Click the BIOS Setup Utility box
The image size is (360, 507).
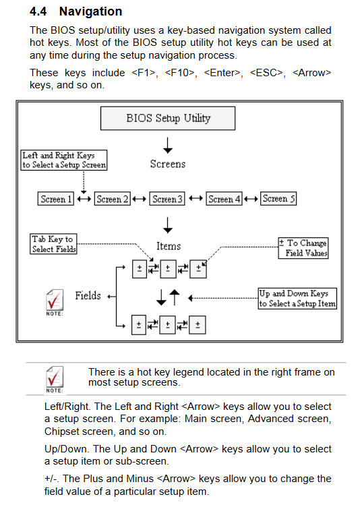(x=168, y=119)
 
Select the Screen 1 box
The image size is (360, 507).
(x=56, y=199)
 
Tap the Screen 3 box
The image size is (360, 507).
(x=167, y=199)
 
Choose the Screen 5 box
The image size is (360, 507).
(x=278, y=198)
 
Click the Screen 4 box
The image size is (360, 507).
(x=224, y=199)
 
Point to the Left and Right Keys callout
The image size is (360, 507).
(x=64, y=160)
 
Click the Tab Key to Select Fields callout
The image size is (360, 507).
(x=53, y=244)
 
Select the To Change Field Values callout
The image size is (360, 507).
(x=303, y=248)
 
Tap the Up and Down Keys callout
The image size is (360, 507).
(x=297, y=299)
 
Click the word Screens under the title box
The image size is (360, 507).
(x=168, y=164)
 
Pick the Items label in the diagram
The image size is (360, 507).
(x=169, y=246)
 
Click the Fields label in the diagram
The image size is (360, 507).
(x=88, y=295)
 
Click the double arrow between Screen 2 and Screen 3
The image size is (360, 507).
(x=140, y=199)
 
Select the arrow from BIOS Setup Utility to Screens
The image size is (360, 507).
(x=168, y=145)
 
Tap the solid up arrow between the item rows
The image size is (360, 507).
(x=175, y=297)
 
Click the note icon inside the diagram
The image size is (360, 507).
(x=55, y=302)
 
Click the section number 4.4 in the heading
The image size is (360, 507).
(x=38, y=11)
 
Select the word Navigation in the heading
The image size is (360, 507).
(x=90, y=11)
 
